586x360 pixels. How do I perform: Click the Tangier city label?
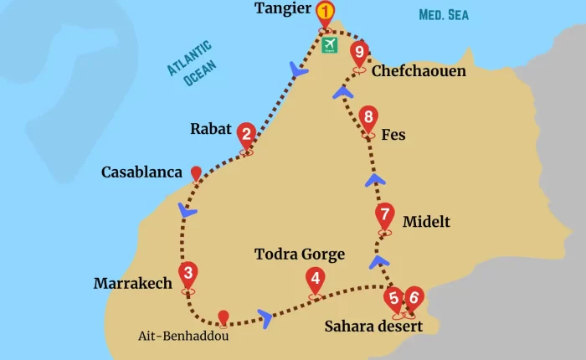[281, 10]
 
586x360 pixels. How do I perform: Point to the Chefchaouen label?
[419, 71]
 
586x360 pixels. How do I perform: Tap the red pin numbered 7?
[384, 214]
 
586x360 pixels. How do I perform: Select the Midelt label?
[426, 222]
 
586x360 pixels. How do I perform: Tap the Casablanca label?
[141, 172]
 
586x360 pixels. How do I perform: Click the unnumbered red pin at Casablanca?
[197, 173]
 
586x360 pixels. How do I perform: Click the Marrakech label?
[133, 284]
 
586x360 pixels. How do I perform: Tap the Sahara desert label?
[373, 326]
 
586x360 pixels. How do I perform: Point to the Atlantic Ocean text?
[188, 64]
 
